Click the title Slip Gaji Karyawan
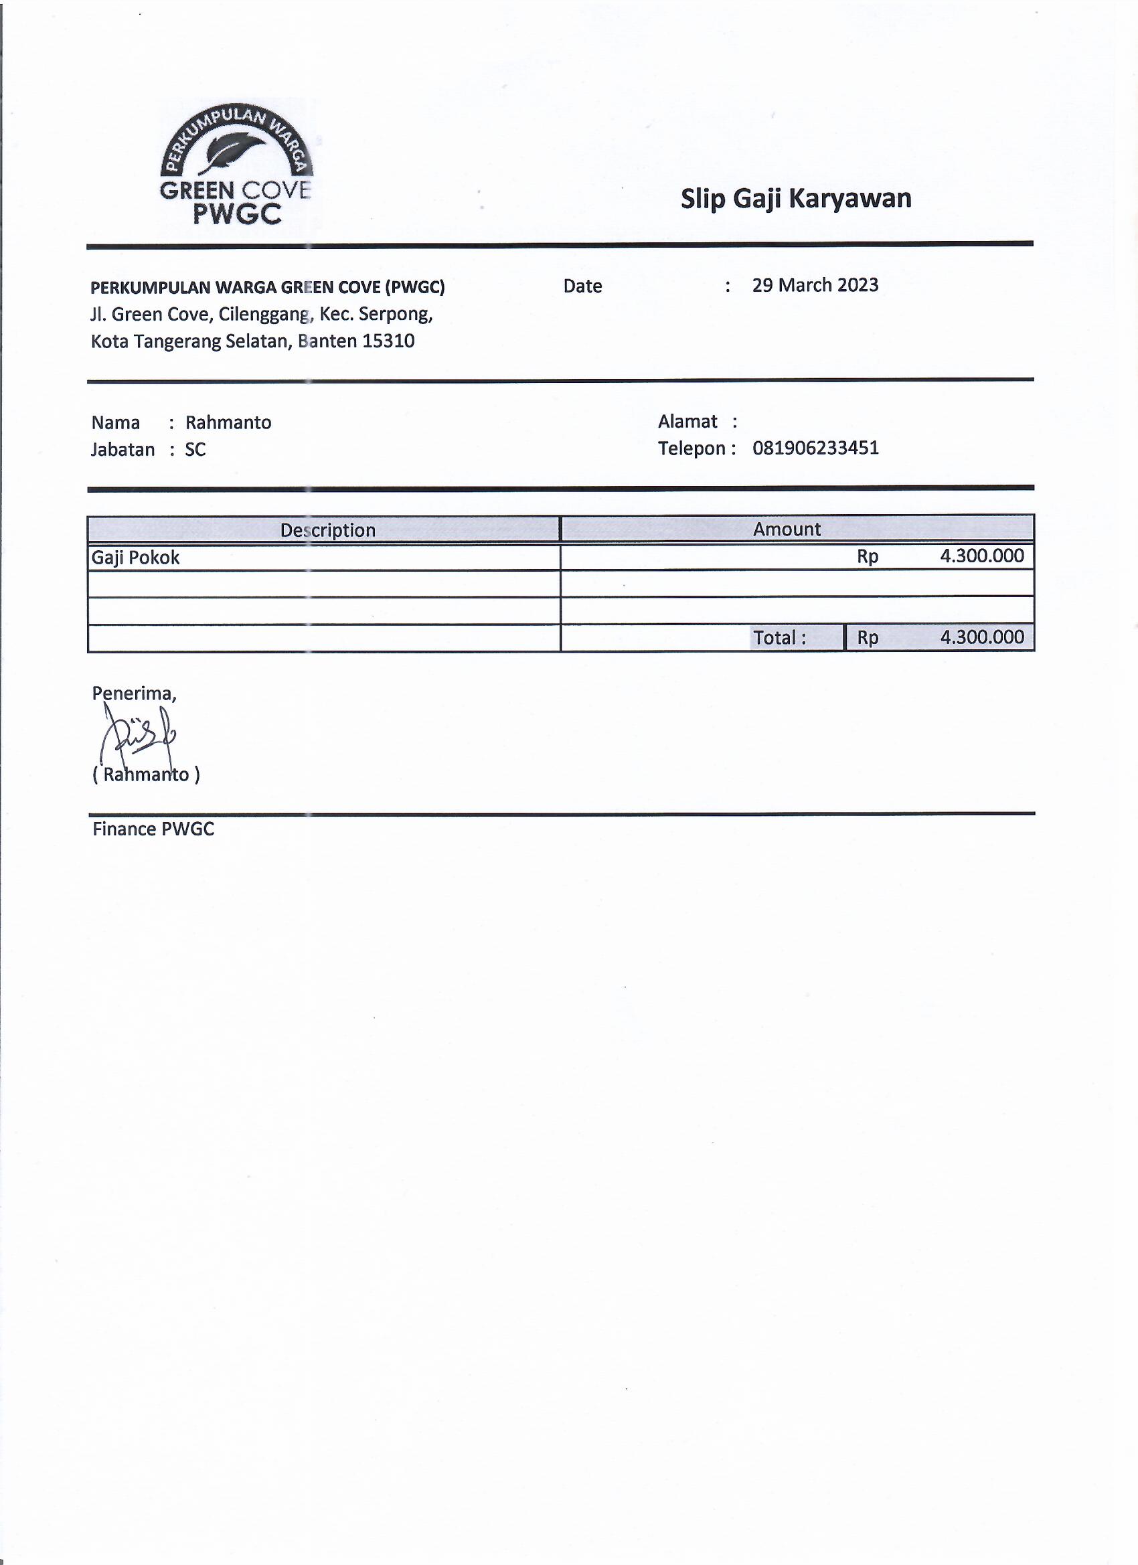(796, 199)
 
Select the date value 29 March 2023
(815, 285)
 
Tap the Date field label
(582, 286)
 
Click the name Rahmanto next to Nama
(228, 422)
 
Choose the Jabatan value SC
(195, 450)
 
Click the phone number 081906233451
(815, 448)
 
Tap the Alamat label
(687, 421)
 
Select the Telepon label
(692, 448)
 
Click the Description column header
(327, 530)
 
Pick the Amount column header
(787, 529)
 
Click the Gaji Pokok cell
(136, 558)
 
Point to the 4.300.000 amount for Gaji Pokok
(981, 556)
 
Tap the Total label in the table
(779, 638)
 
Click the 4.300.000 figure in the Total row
(981, 637)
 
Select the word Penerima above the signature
(134, 693)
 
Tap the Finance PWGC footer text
(153, 829)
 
